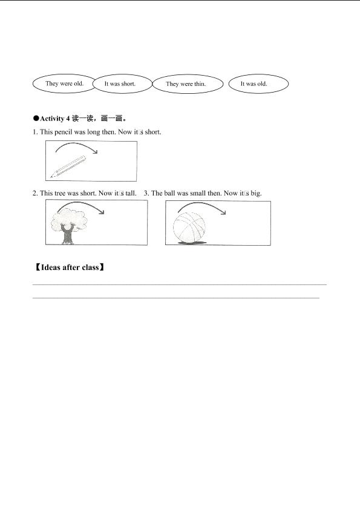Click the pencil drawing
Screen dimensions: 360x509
(x=68, y=166)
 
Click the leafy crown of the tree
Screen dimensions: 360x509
(x=69, y=219)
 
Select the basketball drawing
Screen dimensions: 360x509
(x=189, y=228)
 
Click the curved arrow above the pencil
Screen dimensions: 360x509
(x=77, y=143)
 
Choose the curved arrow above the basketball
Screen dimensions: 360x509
(x=202, y=203)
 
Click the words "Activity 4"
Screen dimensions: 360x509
(x=55, y=119)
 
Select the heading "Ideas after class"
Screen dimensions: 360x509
(x=70, y=268)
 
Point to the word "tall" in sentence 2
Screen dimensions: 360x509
(x=130, y=193)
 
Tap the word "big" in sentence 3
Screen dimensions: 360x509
(x=255, y=194)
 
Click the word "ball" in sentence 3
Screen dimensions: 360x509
(x=169, y=193)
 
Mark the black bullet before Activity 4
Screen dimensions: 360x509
(x=36, y=119)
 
